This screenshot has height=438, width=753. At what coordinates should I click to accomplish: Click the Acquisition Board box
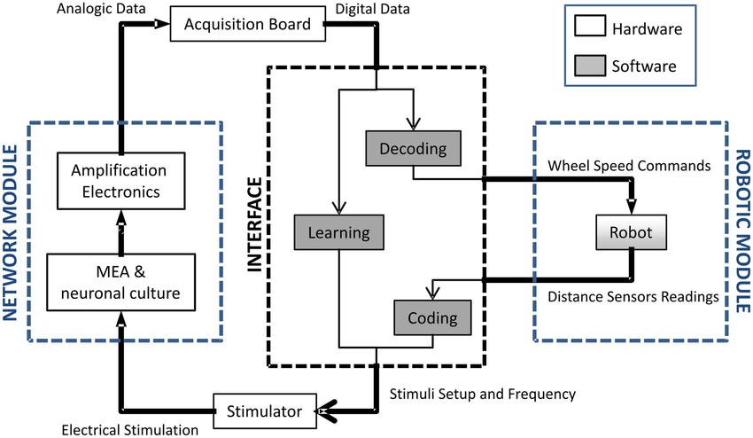coord(247,24)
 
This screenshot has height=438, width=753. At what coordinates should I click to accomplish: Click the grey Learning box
coord(338,233)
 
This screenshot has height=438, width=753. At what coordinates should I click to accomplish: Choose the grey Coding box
coord(432,317)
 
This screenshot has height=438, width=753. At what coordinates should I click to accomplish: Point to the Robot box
coord(630,233)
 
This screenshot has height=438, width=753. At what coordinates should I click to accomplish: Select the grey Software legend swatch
coord(588,66)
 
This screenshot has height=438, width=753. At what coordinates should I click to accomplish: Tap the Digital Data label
coord(374,8)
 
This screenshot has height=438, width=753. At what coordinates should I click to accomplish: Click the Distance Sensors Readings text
coord(633,298)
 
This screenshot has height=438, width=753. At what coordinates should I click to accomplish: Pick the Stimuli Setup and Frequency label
coord(484,392)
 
